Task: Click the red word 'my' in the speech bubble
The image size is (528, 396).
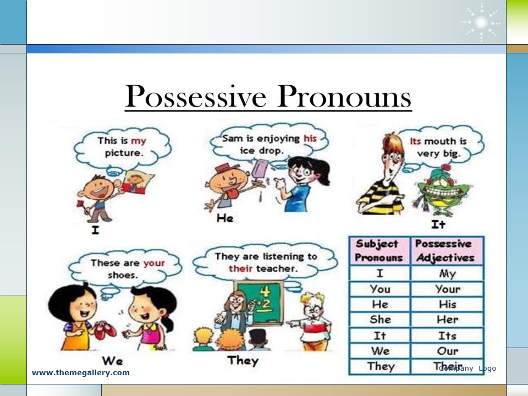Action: click(139, 141)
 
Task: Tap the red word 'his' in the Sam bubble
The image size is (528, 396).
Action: click(310, 138)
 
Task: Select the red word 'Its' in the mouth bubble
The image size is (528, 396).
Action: click(416, 141)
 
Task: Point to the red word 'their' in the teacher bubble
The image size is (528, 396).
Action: click(240, 268)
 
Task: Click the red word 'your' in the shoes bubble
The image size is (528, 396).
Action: click(154, 263)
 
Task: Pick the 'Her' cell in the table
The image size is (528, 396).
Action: click(448, 319)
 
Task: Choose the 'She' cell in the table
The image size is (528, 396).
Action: click(380, 319)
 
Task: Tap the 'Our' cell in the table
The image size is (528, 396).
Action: click(448, 351)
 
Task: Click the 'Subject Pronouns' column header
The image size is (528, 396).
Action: click(379, 251)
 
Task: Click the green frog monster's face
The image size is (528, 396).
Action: click(441, 190)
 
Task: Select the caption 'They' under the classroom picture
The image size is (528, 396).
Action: click(243, 360)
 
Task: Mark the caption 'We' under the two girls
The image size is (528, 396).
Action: click(112, 361)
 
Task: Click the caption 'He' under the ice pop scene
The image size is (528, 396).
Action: click(225, 218)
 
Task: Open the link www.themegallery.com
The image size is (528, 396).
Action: click(81, 373)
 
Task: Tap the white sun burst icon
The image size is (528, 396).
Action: click(481, 23)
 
